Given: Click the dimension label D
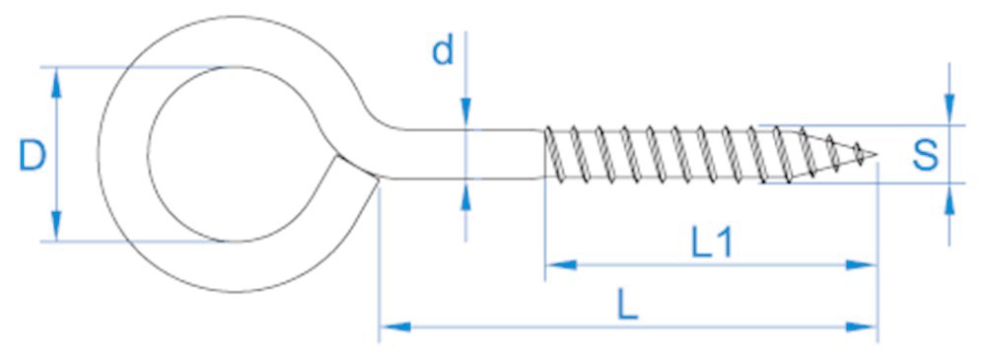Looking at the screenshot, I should [33, 156].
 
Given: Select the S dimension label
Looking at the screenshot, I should [924, 154].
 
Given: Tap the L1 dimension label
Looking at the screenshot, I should [711, 243].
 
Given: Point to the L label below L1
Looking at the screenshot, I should [627, 305].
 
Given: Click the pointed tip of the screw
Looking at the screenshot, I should [875, 154].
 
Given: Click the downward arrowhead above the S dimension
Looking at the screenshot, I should [949, 111].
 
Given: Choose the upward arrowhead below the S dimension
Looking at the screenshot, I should [949, 199].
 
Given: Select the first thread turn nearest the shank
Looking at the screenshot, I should [556, 155].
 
